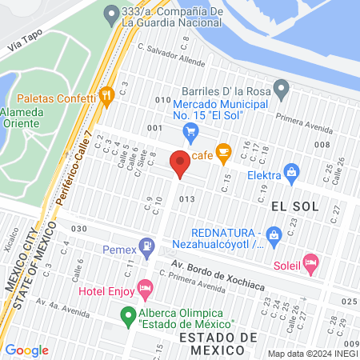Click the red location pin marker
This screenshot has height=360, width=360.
pyautogui.click(x=179, y=164)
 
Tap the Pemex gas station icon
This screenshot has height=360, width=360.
pyautogui.click(x=146, y=246)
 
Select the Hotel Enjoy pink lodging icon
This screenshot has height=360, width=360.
pyautogui.click(x=145, y=286)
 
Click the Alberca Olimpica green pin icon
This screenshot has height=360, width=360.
pyautogui.click(x=126, y=316)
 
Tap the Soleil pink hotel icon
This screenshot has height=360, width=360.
pyautogui.click(x=311, y=262)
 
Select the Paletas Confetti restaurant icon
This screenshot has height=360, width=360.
pyautogui.click(x=107, y=96)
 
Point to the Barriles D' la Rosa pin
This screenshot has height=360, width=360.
pyautogui.click(x=280, y=86)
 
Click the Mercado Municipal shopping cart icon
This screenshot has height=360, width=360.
pyautogui.click(x=190, y=130)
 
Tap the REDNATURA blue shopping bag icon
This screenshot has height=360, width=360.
pyautogui.click(x=274, y=235)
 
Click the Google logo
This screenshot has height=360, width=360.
pyautogui.click(x=26, y=350)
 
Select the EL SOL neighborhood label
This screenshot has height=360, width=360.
pyautogui.click(x=294, y=206)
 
